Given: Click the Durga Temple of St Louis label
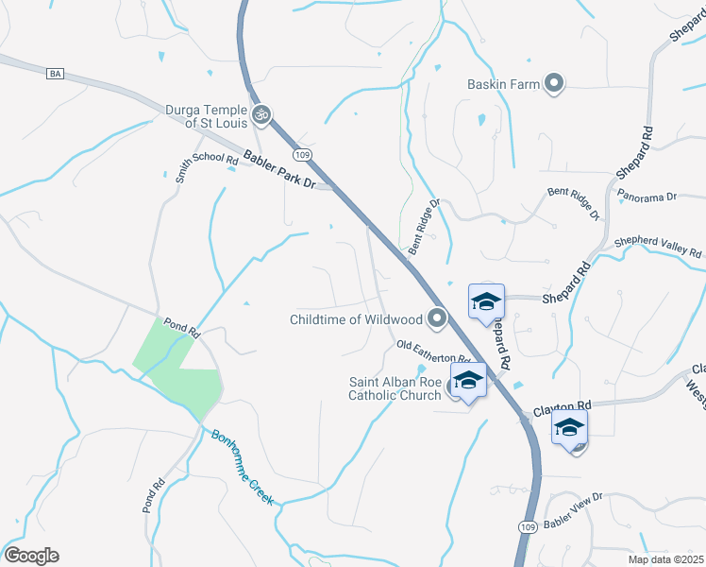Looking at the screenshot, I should pos(206,115).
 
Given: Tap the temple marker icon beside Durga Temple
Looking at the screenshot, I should pos(262,116).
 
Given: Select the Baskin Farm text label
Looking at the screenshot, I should pos(504,84).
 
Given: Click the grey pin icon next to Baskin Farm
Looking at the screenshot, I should pos(554,84).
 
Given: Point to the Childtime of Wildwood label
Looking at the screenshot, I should pos(357,319).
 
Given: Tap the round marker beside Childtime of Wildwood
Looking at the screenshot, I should pos(436,319).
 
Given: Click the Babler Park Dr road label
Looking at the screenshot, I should pos(278,170).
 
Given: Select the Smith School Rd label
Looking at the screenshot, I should pos(206,167).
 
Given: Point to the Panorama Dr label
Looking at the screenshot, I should pos(647,197).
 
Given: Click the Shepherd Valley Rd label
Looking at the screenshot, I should pos(658,247).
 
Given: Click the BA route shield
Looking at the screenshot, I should pos(53,74).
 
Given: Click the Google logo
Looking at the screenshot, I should pos(31,556).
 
